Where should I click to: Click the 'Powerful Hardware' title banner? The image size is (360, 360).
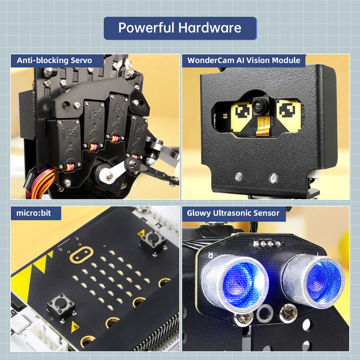180,28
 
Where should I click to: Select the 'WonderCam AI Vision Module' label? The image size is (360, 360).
243,60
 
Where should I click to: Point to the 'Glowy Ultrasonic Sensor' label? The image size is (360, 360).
234,213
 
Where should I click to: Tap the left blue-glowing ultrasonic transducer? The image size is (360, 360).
235,283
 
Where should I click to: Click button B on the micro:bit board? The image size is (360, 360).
151,242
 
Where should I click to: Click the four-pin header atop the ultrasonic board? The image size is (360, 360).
265,244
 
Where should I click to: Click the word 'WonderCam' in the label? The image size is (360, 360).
208,60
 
